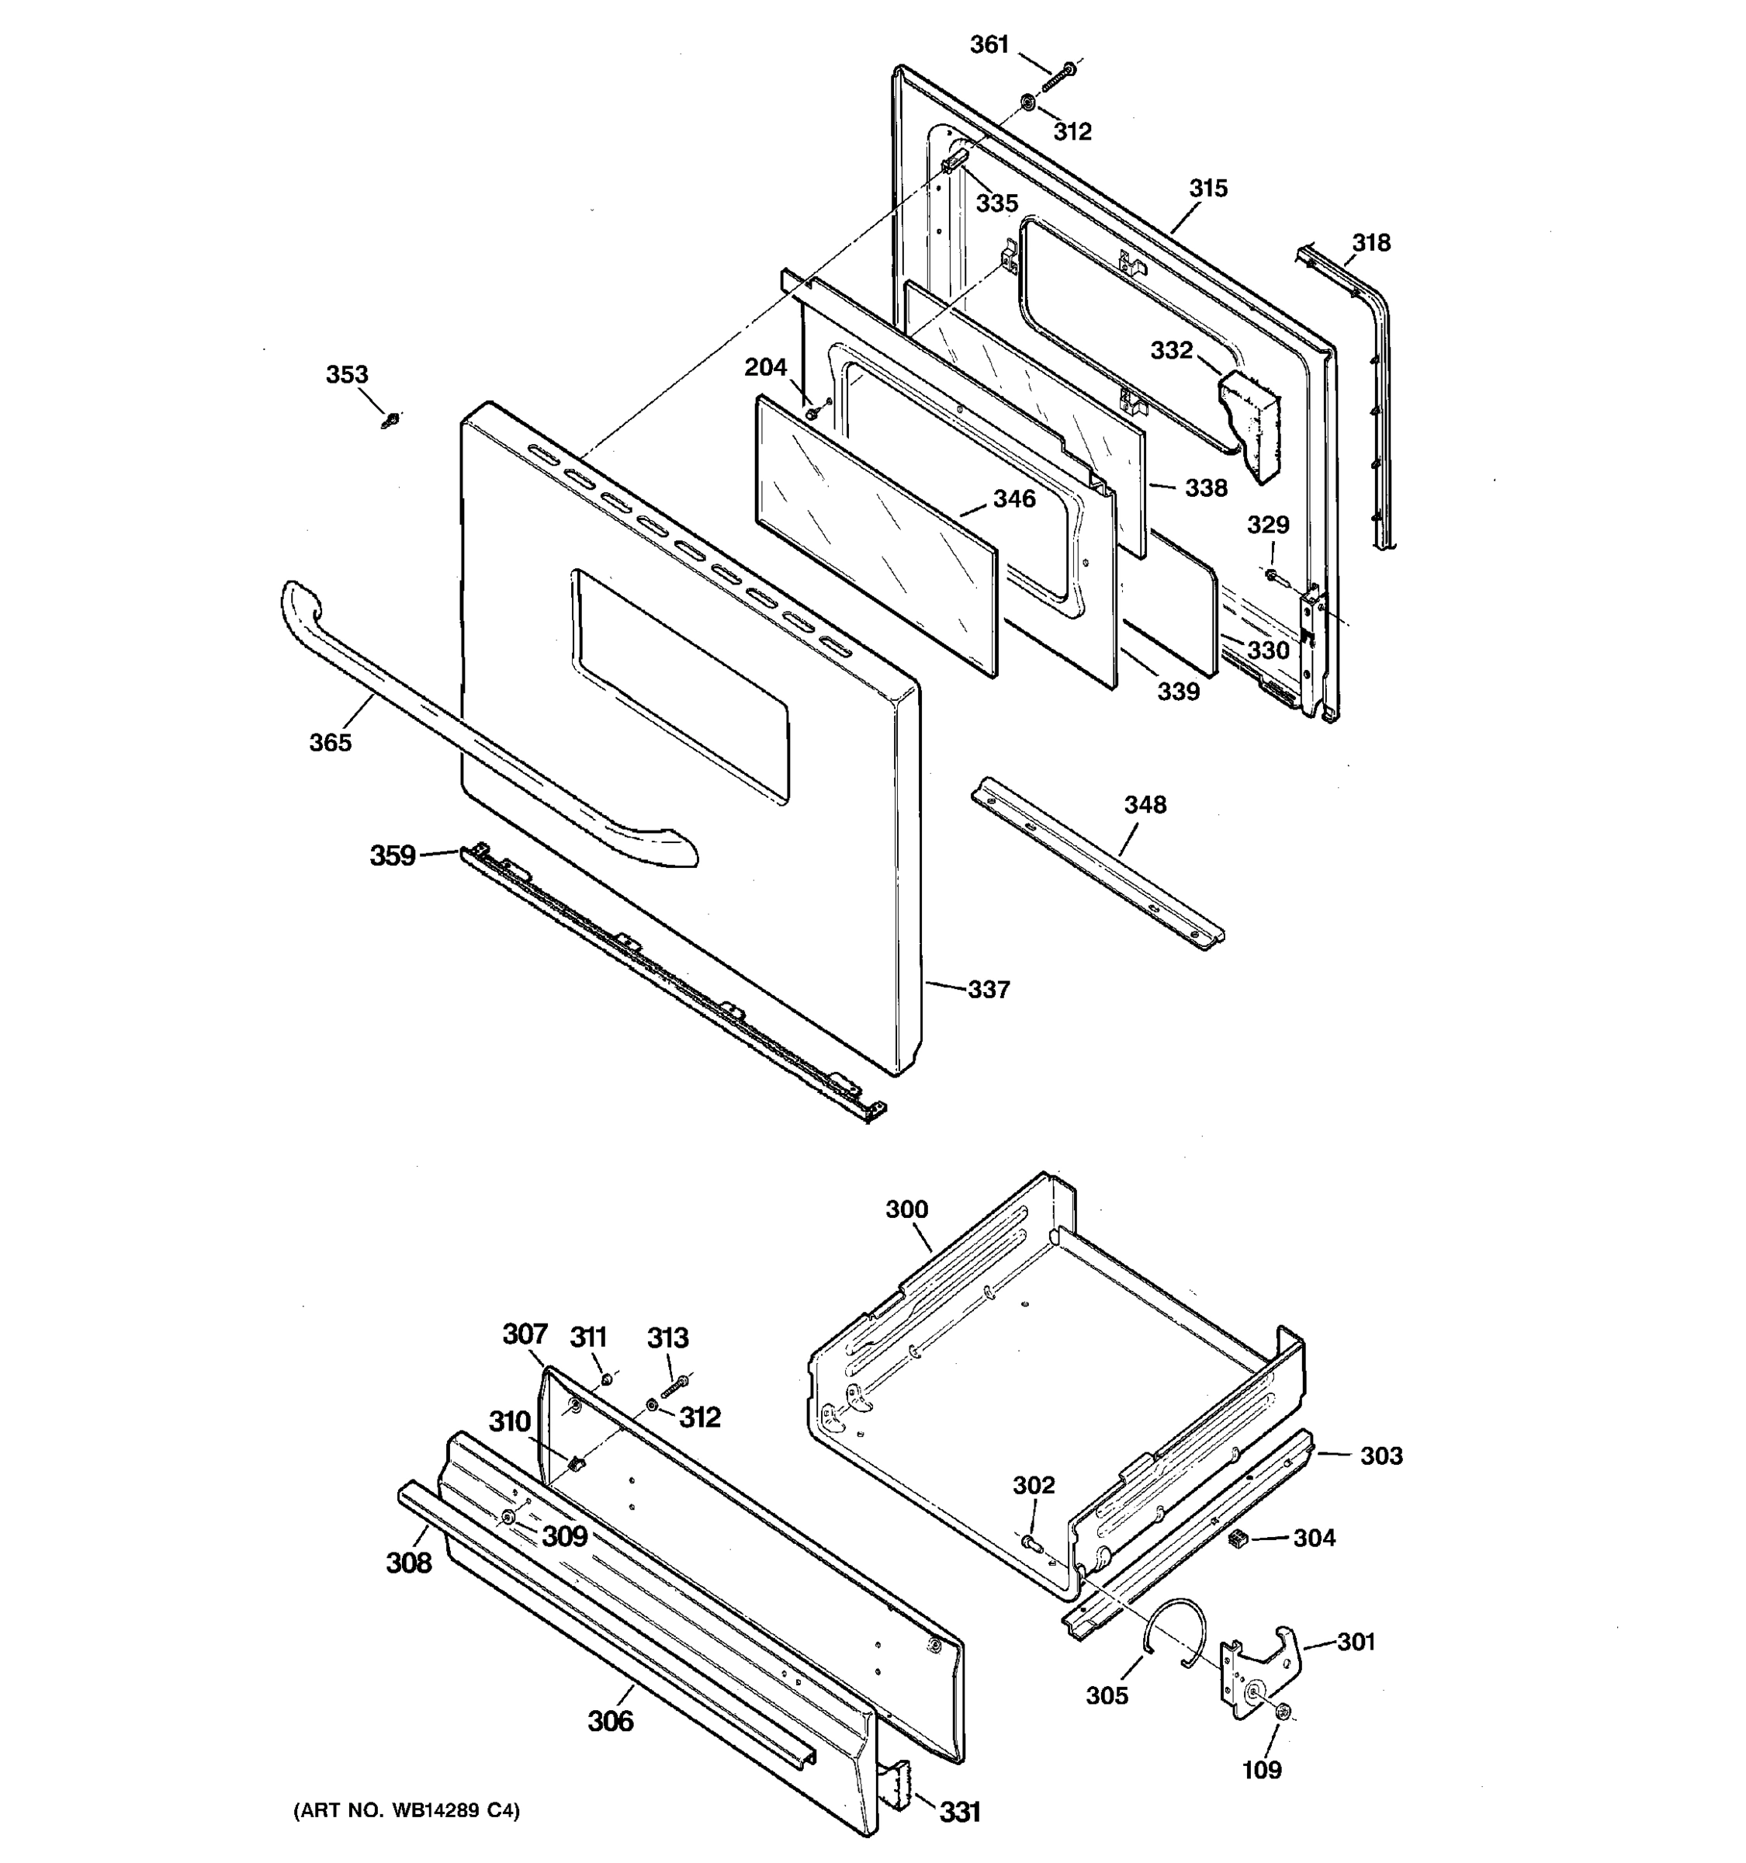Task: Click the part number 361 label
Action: pos(989,44)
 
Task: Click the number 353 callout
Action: pos(347,375)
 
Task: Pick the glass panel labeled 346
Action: pos(876,535)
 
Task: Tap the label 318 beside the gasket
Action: pos(1371,243)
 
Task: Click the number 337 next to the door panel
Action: pos(989,990)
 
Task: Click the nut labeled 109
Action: pos(1284,1712)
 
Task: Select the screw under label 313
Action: pos(675,1386)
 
